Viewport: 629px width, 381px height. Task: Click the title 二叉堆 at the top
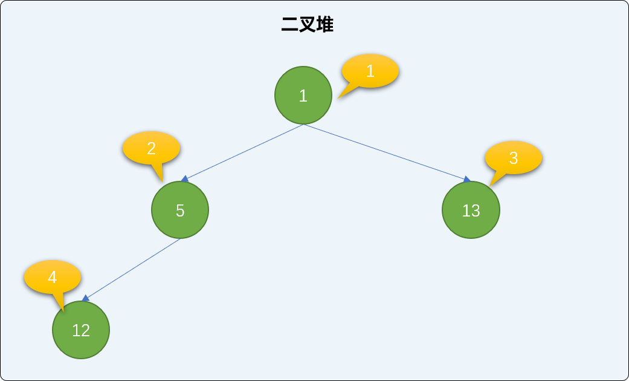click(x=308, y=25)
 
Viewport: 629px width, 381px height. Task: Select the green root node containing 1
click(x=303, y=95)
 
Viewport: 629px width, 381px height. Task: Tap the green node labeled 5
click(x=180, y=210)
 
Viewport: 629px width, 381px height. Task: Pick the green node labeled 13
click(x=471, y=210)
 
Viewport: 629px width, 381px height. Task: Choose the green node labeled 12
click(x=81, y=330)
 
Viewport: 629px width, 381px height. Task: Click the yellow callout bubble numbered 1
click(x=370, y=71)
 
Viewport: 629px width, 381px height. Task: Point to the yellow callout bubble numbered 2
click(x=151, y=148)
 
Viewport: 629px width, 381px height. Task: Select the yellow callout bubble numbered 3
click(x=514, y=158)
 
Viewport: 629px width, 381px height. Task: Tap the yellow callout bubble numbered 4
click(x=52, y=277)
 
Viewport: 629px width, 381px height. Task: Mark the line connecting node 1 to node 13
click(x=387, y=152)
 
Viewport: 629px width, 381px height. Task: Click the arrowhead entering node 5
click(x=184, y=178)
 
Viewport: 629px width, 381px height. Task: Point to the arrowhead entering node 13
click(x=467, y=179)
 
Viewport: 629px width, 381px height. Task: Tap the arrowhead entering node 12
click(x=85, y=298)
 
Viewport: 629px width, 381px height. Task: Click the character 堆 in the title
click(x=325, y=25)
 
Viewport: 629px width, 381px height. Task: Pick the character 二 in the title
click(x=289, y=25)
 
